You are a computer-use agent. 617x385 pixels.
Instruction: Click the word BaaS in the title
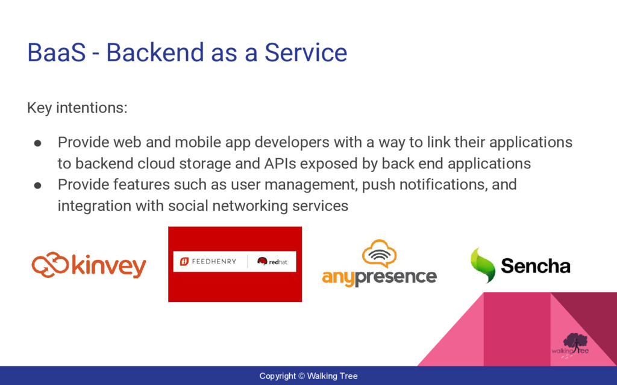point(56,53)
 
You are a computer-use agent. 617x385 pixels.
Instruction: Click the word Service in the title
point(305,53)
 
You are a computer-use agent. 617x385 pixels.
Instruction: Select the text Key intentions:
point(77,108)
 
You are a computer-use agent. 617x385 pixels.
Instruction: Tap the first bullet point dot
point(38,143)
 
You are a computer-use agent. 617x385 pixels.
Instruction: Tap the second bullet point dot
point(38,185)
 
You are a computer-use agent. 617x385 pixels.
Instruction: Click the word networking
point(250,206)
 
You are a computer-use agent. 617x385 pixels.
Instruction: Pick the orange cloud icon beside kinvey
point(51,265)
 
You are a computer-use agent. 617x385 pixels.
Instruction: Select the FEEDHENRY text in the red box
point(214,262)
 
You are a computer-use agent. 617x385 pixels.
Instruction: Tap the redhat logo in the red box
point(272,262)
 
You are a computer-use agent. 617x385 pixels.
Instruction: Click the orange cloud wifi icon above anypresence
point(379,254)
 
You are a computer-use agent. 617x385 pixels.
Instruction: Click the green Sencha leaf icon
point(483,265)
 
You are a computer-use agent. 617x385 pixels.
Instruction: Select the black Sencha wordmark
point(536,266)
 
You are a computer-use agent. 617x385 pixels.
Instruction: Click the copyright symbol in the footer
point(301,376)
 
